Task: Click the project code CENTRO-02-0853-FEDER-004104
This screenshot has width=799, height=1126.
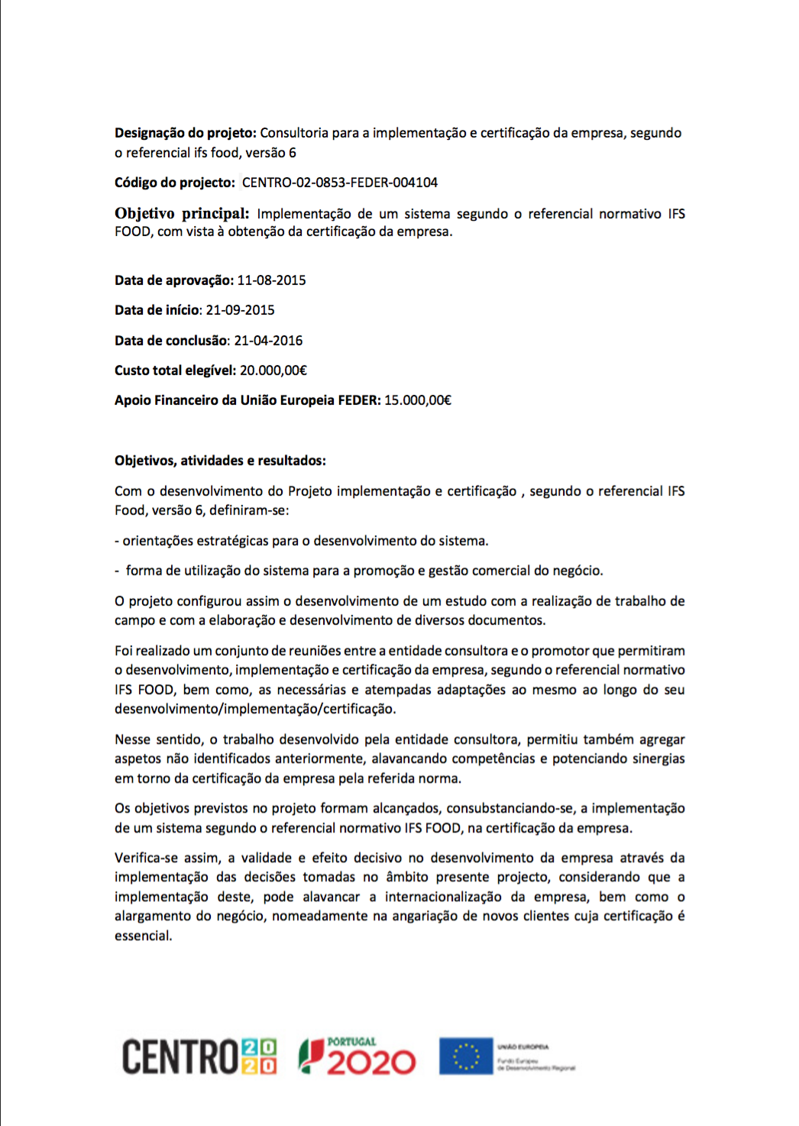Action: [x=340, y=183]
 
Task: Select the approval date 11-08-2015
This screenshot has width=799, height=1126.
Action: [x=271, y=280]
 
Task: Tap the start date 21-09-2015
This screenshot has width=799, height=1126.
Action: [x=240, y=310]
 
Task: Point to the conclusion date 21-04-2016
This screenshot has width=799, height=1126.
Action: [x=268, y=341]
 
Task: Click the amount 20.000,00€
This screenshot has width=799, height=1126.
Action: [x=273, y=370]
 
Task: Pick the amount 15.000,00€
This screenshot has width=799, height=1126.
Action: [x=418, y=400]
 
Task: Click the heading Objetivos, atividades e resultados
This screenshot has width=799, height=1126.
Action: [x=220, y=461]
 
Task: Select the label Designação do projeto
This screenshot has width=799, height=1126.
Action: [x=186, y=133]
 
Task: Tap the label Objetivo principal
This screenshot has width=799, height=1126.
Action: [x=182, y=214]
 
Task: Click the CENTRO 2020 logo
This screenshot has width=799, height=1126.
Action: [x=199, y=1057]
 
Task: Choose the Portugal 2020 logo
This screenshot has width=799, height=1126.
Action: [x=357, y=1057]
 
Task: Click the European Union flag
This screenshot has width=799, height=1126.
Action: [x=465, y=1057]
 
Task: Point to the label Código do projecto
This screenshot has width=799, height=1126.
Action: [x=175, y=183]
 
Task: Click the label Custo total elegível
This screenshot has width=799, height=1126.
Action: [x=175, y=370]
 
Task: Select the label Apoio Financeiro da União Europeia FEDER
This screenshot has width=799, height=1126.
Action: [x=247, y=400]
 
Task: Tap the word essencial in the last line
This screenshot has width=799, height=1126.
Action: [x=143, y=936]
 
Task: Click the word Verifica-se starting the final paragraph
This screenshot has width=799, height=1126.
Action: [x=147, y=858]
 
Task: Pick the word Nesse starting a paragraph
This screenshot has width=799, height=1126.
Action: [x=132, y=739]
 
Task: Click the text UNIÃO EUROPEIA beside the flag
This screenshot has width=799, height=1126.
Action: [x=523, y=1047]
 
